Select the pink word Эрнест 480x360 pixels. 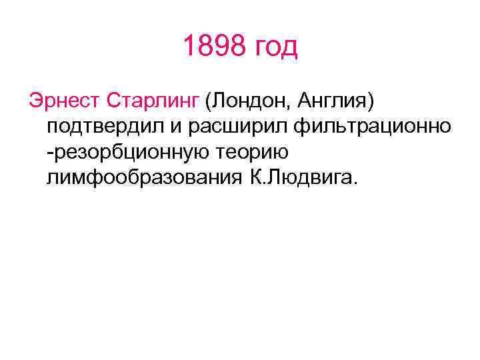[x=62, y=101]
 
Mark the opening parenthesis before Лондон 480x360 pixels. [x=208, y=102]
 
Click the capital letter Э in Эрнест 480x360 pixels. [x=33, y=101]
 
